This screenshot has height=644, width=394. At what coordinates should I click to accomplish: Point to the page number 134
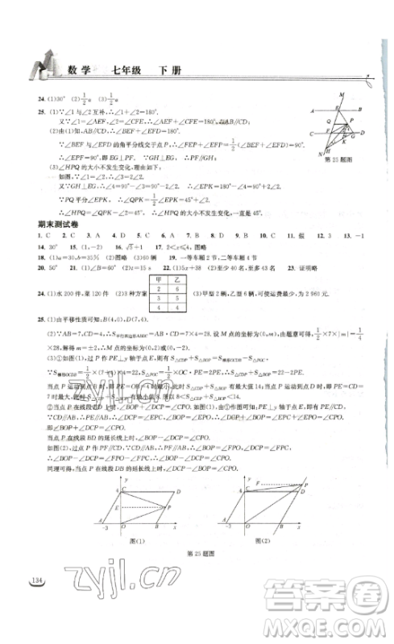tap(35, 581)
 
